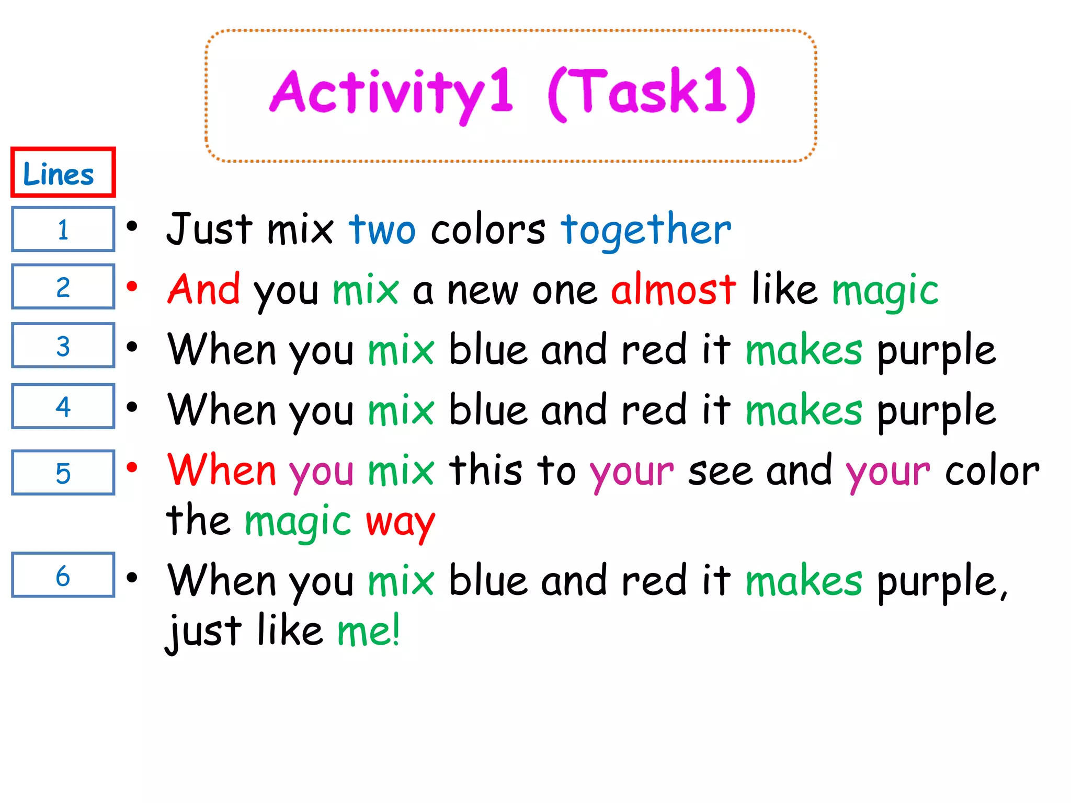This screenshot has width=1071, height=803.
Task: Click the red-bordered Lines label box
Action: point(63,173)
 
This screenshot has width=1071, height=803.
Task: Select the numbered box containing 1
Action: point(63,229)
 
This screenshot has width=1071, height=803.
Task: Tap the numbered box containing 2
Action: point(63,286)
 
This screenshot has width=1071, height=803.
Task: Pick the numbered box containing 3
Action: point(63,345)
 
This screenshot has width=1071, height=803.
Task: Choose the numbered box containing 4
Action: point(63,406)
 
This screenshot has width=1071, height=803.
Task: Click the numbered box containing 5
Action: point(63,472)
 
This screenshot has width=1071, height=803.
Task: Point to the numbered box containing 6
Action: point(63,575)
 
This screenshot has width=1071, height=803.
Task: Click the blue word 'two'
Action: point(382,230)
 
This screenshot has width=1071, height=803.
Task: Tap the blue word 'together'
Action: point(646,230)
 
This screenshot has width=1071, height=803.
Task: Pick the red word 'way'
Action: point(400,522)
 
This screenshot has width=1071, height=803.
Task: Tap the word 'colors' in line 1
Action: point(488,230)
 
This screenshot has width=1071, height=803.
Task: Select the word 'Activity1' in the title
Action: point(391,93)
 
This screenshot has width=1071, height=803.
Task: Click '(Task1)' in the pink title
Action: point(652,93)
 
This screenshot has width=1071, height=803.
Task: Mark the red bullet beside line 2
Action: point(132,286)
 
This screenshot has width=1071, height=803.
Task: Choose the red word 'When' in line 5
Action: point(221,470)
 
